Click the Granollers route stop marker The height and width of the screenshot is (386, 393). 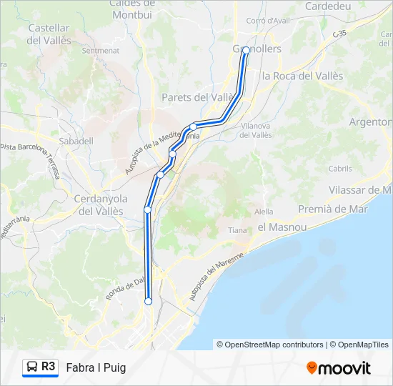(x=246, y=50)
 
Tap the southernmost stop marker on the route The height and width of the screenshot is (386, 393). (x=148, y=302)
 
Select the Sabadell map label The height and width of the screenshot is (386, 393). (x=77, y=141)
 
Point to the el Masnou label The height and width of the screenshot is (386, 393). (x=282, y=227)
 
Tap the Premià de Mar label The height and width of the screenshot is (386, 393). (x=332, y=209)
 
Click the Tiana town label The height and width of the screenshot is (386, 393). (x=237, y=230)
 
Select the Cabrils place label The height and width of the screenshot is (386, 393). (x=340, y=169)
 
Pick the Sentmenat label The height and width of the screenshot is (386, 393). (x=100, y=51)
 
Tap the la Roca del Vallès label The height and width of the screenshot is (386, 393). (x=302, y=76)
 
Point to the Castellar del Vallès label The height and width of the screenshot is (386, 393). (x=49, y=34)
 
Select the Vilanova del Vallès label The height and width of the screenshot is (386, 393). (x=255, y=130)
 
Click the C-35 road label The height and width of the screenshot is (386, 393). (x=339, y=34)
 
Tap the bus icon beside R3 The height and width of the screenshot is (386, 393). (x=32, y=367)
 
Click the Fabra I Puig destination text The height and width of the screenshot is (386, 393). (x=96, y=367)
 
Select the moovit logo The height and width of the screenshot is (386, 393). (x=339, y=367)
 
